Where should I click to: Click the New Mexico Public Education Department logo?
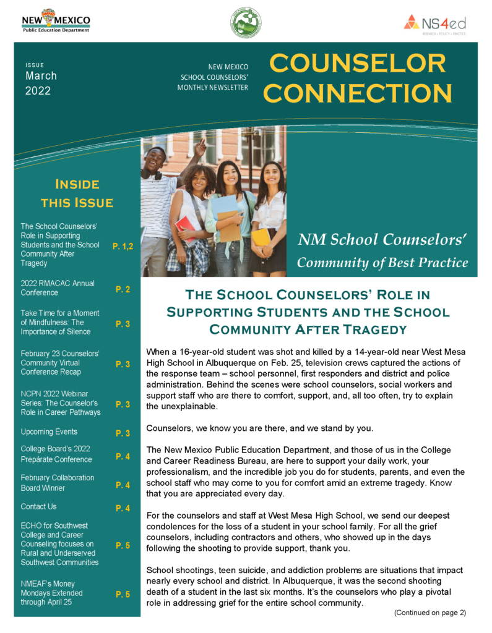tap(56, 21)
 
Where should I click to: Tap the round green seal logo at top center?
tap(245, 23)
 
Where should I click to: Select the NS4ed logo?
tap(434, 23)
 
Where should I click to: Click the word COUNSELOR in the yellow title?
tap(358, 63)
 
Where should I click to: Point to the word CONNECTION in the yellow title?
tap(358, 93)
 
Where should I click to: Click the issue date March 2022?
tap(41, 83)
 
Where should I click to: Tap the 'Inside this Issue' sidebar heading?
tap(77, 193)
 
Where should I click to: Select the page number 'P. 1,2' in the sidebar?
tap(123, 246)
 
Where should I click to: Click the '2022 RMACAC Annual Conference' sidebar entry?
tap(58, 288)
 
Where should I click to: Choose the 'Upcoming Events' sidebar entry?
tap(49, 431)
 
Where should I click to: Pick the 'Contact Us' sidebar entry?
tap(38, 506)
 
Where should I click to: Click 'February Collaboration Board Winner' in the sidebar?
tap(58, 483)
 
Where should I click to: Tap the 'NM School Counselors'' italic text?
tap(382, 239)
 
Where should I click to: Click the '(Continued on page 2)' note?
tap(429, 612)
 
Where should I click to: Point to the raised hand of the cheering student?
tap(201, 146)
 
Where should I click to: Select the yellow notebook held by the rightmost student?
tap(261, 236)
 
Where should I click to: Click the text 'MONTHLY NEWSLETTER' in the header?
tap(213, 88)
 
